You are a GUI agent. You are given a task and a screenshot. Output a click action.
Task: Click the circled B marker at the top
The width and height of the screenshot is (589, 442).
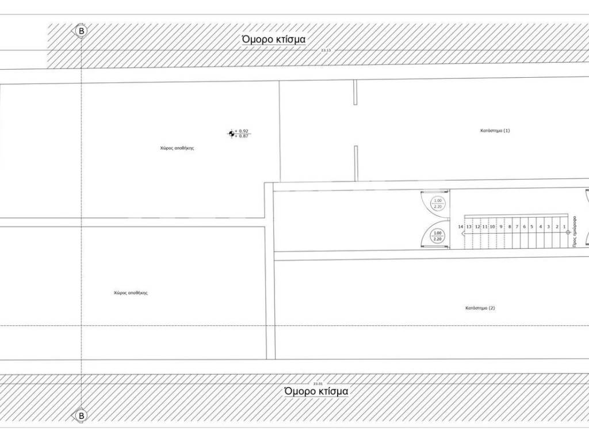pyautogui.click(x=82, y=30)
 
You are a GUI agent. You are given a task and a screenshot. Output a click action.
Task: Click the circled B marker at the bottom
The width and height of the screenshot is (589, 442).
pyautogui.click(x=82, y=415)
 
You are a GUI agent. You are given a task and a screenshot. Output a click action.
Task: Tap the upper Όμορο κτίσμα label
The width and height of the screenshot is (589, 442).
pyautogui.click(x=273, y=39)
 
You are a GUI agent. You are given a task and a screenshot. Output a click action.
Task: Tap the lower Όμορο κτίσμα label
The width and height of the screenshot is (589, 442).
pyautogui.click(x=316, y=391)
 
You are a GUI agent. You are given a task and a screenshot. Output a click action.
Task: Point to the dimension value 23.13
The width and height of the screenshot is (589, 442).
pyautogui.click(x=326, y=51)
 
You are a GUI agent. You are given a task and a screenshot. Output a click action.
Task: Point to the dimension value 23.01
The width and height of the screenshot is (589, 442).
pyautogui.click(x=319, y=383)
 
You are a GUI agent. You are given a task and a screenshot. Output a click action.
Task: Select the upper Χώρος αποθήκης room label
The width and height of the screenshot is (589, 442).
pyautogui.click(x=177, y=148)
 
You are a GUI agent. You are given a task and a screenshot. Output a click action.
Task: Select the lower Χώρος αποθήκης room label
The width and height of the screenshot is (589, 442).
pyautogui.click(x=131, y=293)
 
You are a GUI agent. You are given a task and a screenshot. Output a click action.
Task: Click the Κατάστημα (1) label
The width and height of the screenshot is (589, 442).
pyautogui.click(x=495, y=131)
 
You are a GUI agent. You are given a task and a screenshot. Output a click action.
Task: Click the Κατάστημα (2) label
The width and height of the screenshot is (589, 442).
pyautogui.click(x=480, y=308)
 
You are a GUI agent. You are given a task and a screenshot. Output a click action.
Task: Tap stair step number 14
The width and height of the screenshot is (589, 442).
pyautogui.click(x=461, y=227)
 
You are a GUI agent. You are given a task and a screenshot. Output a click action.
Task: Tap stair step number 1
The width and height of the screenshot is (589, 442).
pyautogui.click(x=565, y=227)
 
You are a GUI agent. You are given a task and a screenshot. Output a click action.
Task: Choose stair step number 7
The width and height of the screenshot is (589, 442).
pyautogui.click(x=517, y=227)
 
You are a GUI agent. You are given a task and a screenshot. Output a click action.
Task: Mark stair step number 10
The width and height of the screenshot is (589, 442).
pyautogui.click(x=492, y=227)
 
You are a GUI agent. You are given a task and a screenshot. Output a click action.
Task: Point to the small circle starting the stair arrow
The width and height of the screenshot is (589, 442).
pyautogui.click(x=568, y=233)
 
